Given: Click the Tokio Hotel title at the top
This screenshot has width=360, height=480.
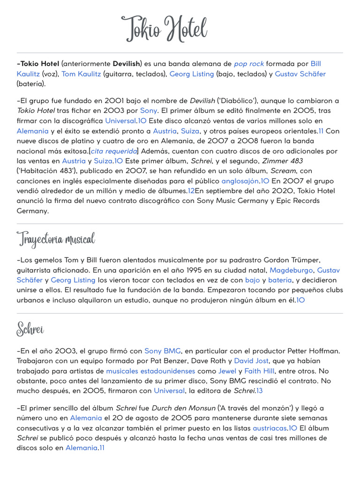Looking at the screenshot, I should [164, 29].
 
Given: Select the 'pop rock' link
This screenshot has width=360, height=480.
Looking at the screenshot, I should [249, 63].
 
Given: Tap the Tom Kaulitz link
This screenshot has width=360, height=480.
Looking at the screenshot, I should [81, 74].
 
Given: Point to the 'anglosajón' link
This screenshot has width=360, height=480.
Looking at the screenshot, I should [240, 180].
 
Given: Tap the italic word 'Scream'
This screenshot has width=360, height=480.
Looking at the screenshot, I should [283, 171].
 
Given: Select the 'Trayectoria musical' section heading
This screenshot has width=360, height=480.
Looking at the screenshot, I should [56, 239].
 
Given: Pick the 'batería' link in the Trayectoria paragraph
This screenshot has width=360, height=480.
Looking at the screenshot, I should [280, 280].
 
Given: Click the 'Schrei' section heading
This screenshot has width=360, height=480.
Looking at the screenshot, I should [30, 329].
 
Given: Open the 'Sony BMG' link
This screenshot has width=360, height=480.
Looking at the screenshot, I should [159, 351].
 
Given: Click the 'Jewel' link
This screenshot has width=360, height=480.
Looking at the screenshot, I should [227, 370].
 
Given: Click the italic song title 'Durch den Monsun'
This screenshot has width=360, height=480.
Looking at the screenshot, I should [175, 408].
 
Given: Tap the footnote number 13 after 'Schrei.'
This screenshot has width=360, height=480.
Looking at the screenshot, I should [259, 390].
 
